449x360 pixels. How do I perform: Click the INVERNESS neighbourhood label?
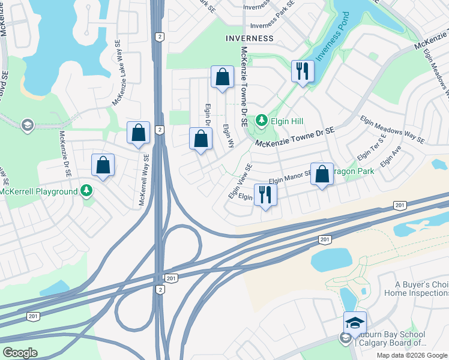[x=249, y=38]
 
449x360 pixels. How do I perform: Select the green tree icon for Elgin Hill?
[x=261, y=121]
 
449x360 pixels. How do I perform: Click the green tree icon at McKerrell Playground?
[x=87, y=191]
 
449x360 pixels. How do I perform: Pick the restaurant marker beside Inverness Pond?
[x=302, y=72]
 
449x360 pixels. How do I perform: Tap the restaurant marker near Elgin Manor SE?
[x=265, y=194]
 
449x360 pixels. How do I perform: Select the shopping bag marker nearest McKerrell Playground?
[x=103, y=165]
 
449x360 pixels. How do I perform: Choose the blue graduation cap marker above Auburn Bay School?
[x=355, y=323]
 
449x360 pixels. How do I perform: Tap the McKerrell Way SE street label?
[x=143, y=180]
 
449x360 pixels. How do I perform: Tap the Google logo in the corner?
[x=20, y=353]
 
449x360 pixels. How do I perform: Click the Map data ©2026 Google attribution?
[x=412, y=355]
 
